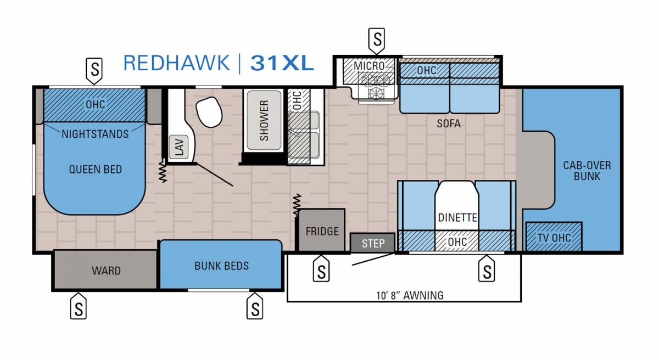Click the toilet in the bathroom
click(209, 111)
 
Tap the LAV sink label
click(179, 147)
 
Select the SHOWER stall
click(264, 121)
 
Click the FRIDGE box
click(322, 230)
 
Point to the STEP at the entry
click(373, 243)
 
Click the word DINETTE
click(457, 218)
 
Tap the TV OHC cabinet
click(554, 237)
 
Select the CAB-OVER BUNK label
click(587, 171)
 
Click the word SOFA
click(449, 123)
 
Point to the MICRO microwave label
click(369, 66)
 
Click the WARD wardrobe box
click(105, 270)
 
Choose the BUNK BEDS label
click(221, 266)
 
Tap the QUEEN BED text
click(96, 169)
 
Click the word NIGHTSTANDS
click(95, 134)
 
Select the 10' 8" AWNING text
click(410, 295)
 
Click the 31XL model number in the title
click(282, 63)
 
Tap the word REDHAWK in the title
click(176, 63)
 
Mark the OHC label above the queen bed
click(95, 104)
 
